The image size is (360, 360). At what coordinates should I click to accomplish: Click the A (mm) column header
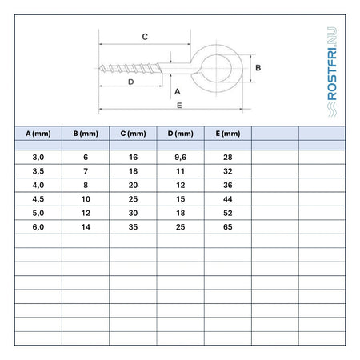pos(38,134)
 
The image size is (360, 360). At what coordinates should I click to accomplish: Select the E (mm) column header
pos(228,134)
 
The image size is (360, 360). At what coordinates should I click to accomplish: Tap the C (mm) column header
pos(133,134)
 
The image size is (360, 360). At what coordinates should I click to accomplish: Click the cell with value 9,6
pos(180,158)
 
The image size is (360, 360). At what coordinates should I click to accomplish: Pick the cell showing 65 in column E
pos(228,227)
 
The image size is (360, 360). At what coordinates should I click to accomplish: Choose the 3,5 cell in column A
pos(38,171)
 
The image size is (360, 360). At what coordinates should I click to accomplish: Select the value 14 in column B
pos(86,227)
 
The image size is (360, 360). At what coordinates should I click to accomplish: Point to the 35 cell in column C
pos(133,227)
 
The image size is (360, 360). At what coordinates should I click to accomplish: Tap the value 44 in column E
pos(228,199)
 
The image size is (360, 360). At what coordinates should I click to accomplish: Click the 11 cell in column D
pos(180,171)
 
